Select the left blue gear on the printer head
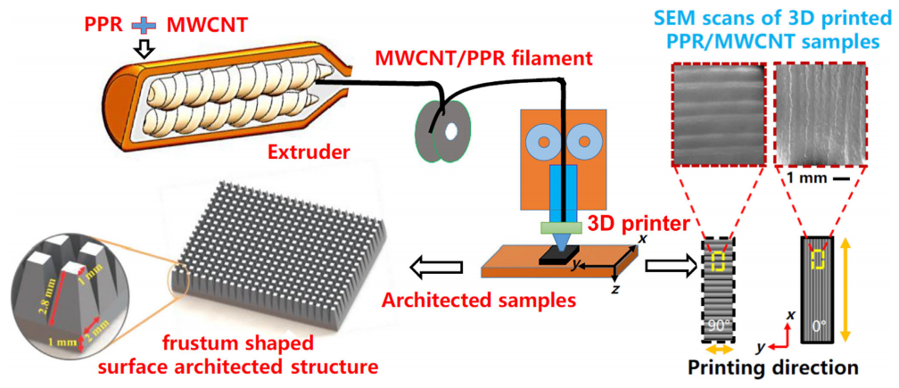click(540, 139)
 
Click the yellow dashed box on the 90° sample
click(719, 260)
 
